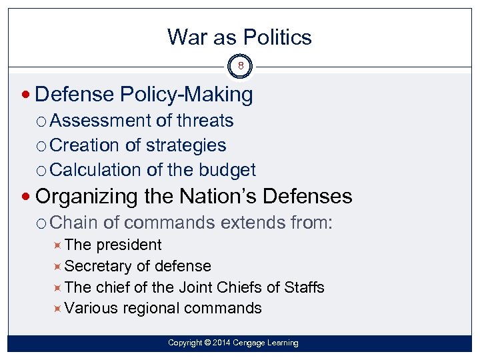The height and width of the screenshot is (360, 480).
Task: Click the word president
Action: pyautogui.click(x=129, y=245)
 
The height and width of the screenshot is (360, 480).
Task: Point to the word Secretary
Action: pyautogui.click(x=99, y=266)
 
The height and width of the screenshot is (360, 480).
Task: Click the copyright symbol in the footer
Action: pyautogui.click(x=207, y=343)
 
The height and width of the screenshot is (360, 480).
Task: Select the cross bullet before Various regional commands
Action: pyautogui.click(x=58, y=308)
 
